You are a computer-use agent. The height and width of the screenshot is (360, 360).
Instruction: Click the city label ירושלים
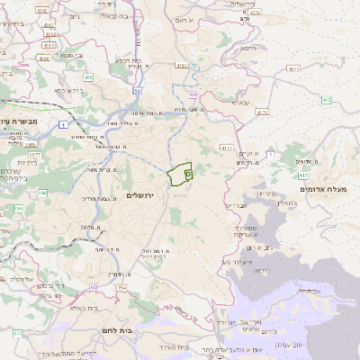[141, 195]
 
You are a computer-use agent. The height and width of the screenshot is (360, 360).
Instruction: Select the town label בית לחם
[117, 331]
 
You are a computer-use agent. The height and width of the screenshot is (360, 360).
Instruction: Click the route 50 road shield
[137, 90]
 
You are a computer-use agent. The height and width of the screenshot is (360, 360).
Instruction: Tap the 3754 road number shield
[121, 288]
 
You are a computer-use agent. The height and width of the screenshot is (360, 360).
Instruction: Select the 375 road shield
[17, 333]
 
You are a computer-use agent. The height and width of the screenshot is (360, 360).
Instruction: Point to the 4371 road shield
[293, 68]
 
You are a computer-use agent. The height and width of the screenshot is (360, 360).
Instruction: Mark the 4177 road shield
[226, 147]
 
